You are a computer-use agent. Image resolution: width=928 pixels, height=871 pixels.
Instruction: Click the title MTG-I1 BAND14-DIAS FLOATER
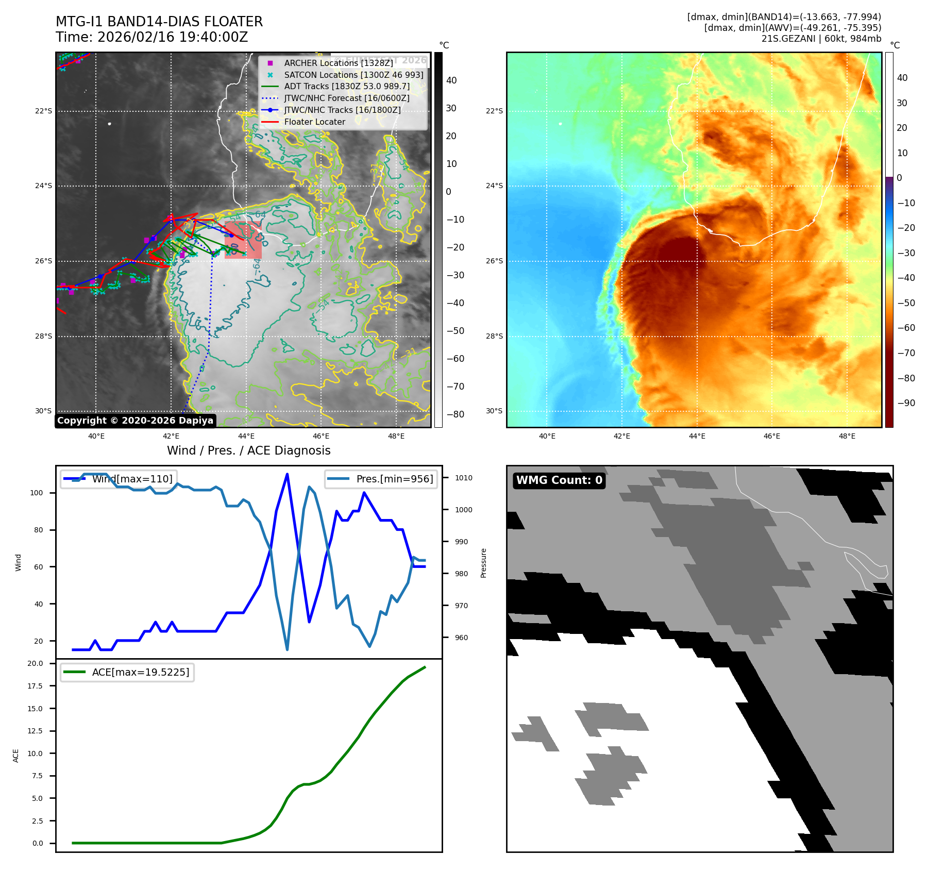tap(159, 22)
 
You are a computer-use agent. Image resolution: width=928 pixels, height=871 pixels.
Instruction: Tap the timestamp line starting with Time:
tap(152, 37)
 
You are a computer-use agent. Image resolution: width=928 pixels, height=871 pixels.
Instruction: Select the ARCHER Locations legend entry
tap(338, 63)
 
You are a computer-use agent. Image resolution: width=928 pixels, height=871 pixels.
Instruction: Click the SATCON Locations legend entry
tap(353, 75)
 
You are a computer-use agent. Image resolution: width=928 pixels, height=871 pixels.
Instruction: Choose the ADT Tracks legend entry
tap(347, 87)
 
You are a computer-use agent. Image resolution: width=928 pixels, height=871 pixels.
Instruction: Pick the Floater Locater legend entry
tap(314, 122)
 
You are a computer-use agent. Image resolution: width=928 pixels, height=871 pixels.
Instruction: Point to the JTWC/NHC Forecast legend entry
tap(347, 98)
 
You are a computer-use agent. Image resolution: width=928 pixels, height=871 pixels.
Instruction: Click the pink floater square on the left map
tap(243, 240)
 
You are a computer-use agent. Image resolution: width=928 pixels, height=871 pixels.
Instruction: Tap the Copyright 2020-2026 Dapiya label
tap(135, 421)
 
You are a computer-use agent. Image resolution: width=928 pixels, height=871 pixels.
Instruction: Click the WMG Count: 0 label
tap(559, 480)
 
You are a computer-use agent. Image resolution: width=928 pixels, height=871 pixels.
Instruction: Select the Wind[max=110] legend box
tap(119, 479)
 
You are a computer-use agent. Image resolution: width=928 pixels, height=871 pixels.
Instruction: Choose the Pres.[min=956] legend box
tap(381, 479)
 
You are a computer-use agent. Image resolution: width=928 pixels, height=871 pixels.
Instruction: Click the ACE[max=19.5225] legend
tap(127, 672)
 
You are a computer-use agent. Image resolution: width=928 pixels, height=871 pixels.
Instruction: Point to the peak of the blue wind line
tap(287, 474)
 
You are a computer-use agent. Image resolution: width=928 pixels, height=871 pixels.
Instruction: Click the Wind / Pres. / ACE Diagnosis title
tap(249, 450)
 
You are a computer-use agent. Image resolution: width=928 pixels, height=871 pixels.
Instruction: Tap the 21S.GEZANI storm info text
tap(821, 39)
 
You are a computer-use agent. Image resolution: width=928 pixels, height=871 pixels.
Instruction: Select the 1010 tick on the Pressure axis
tap(463, 478)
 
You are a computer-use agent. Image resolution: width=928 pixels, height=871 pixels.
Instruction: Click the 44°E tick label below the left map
tap(246, 436)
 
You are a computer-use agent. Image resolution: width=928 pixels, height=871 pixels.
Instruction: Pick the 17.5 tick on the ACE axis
tap(36, 686)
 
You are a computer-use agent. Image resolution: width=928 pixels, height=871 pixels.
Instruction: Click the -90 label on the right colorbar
tap(906, 403)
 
